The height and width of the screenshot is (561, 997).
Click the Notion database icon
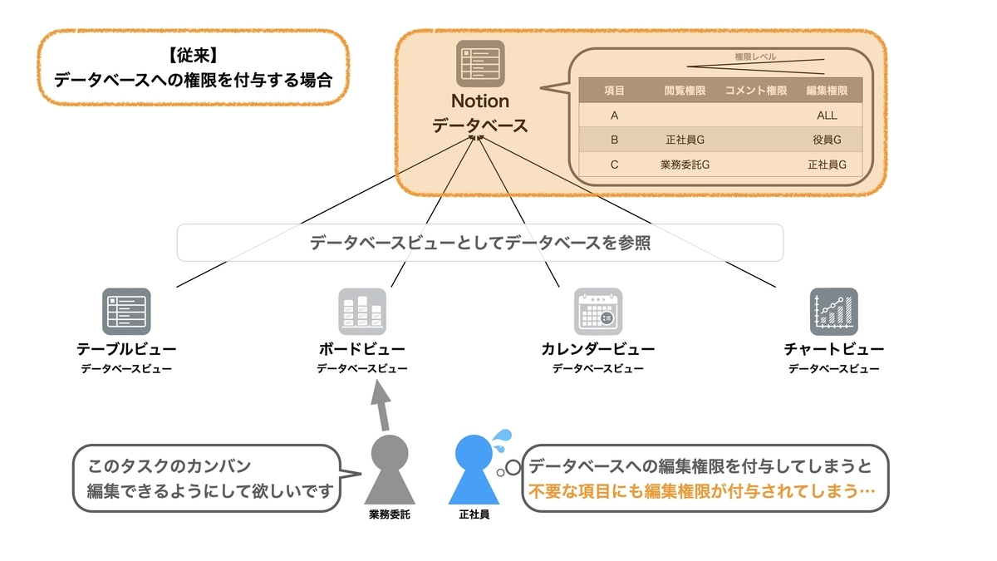(480, 64)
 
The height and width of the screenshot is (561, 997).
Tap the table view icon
(126, 311)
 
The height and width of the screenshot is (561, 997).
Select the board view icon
(362, 311)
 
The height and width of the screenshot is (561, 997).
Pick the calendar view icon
(598, 311)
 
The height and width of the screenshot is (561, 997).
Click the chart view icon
(834, 311)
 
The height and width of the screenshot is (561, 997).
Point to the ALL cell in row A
(827, 116)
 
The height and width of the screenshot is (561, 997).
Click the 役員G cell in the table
(827, 140)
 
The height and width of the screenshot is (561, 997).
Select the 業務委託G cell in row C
(685, 165)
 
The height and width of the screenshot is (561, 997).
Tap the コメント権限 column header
(756, 91)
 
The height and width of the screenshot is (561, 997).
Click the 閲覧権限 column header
(685, 91)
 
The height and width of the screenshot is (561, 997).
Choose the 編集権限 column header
(827, 91)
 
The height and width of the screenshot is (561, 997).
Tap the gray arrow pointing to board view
(381, 406)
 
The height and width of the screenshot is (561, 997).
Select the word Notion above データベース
(480, 101)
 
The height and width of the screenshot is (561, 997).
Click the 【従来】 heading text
(193, 56)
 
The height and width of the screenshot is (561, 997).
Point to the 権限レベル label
(755, 57)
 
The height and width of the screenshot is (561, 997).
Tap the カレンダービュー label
(597, 349)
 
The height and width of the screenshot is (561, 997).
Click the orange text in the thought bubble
(702, 491)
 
